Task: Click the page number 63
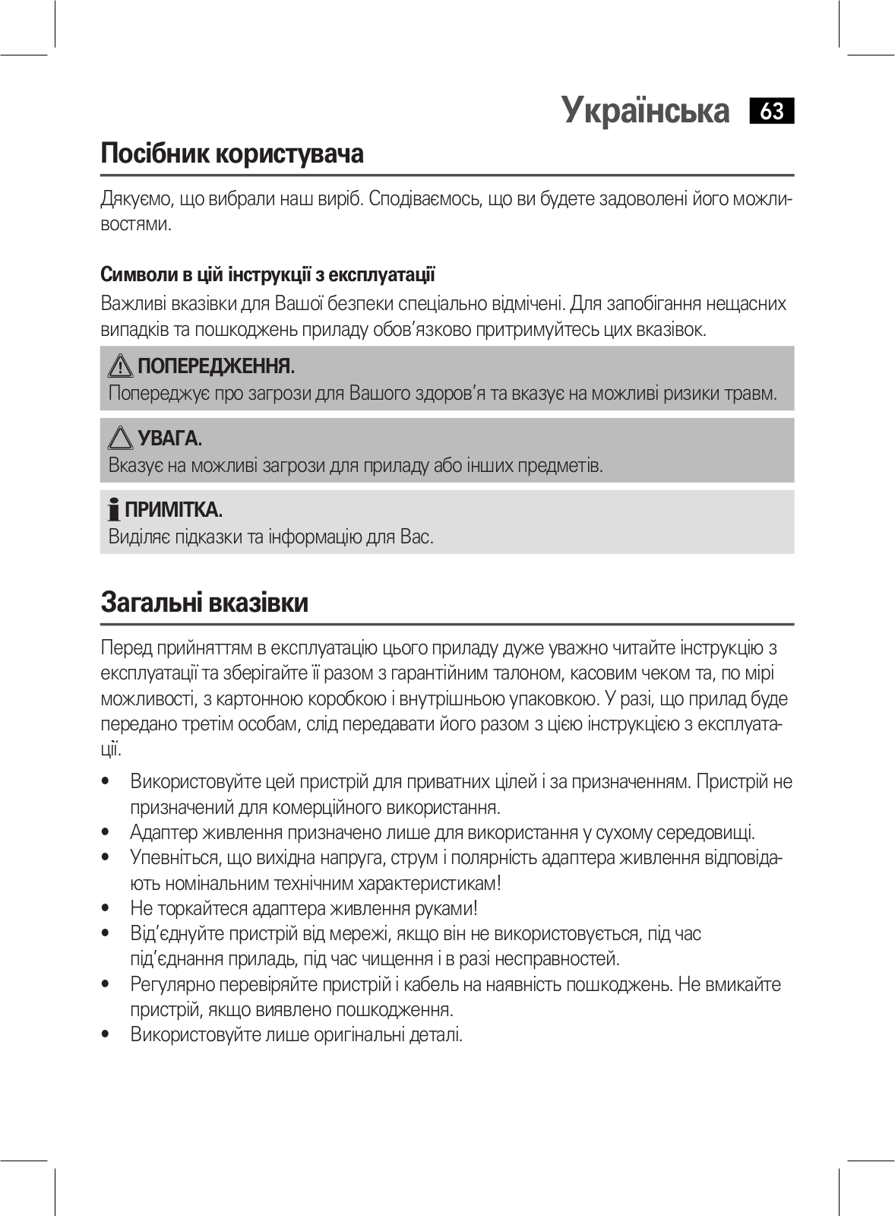coord(771,112)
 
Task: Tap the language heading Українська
coord(645,111)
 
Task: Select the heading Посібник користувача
coord(232,154)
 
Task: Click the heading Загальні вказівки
coord(204,603)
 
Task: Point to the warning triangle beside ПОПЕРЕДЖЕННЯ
coord(121,366)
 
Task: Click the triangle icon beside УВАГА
coord(121,439)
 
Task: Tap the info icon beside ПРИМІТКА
coord(114,509)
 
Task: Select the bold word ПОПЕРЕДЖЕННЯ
coord(216,366)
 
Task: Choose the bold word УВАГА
coord(169,439)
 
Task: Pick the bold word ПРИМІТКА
coord(173,509)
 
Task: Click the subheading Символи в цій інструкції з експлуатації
coord(267,274)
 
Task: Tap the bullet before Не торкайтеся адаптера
coord(106,909)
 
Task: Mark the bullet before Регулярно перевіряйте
coord(106,985)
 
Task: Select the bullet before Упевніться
coord(106,858)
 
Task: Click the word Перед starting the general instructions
coord(126,648)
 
